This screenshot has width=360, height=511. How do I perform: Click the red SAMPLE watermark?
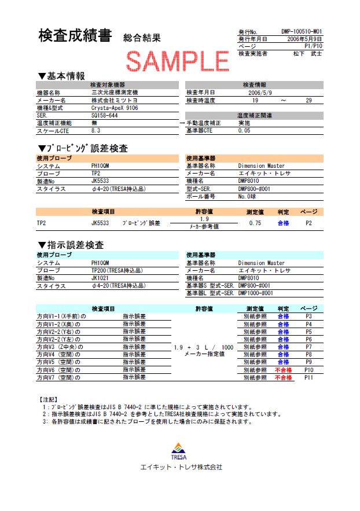click(178, 60)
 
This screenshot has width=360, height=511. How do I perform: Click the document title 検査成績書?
click(75, 36)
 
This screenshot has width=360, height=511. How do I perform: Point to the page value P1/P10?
click(313, 46)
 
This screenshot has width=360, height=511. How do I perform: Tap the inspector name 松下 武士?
click(307, 54)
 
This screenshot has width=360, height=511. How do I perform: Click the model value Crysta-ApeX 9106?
click(115, 108)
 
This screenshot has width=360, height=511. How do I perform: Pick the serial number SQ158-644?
click(105, 115)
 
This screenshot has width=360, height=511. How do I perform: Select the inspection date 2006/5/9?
click(260, 93)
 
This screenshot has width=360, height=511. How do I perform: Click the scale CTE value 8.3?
click(96, 131)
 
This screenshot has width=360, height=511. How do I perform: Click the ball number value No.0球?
click(250, 197)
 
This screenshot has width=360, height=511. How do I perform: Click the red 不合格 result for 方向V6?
click(283, 370)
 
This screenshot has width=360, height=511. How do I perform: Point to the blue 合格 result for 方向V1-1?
click(283, 317)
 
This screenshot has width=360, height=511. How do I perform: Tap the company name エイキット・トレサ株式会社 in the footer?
click(181, 467)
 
